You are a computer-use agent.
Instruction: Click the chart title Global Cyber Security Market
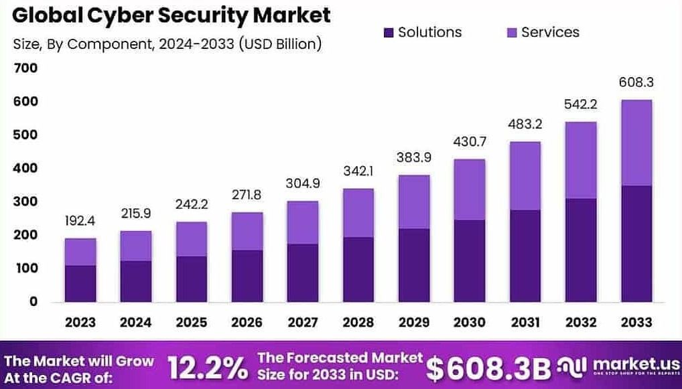(x=172, y=15)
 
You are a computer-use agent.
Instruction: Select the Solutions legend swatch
(x=389, y=32)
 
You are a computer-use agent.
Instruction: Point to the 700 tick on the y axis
(x=25, y=68)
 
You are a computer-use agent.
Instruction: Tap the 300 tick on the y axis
(x=25, y=202)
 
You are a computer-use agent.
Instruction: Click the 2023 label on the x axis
(x=80, y=323)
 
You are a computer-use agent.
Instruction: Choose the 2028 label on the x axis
(x=358, y=323)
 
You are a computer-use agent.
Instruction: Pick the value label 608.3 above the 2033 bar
(x=636, y=83)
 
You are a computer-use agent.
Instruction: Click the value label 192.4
(x=80, y=221)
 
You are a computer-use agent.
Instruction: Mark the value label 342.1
(x=358, y=171)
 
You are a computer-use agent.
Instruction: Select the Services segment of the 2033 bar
(x=636, y=143)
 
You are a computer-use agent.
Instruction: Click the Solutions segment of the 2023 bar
(x=80, y=283)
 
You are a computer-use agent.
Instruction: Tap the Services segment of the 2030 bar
(x=470, y=189)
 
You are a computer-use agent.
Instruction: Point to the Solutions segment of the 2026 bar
(x=247, y=276)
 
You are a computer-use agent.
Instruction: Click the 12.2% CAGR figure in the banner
(x=206, y=368)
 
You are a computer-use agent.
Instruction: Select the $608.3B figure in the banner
(x=488, y=368)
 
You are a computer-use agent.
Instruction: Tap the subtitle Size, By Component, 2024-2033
(x=167, y=44)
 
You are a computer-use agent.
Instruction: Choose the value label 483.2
(x=525, y=125)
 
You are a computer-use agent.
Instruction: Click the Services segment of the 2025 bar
(x=192, y=239)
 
